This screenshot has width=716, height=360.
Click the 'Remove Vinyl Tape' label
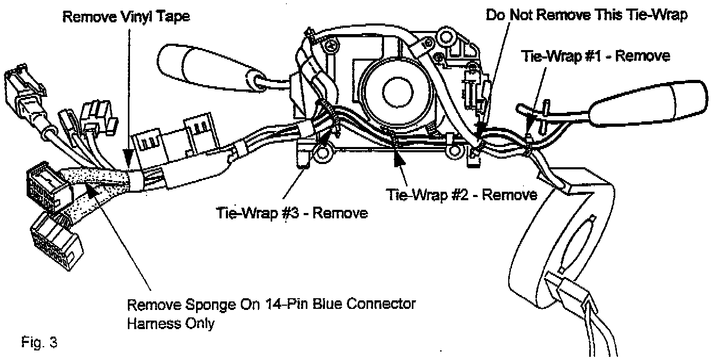click(126, 17)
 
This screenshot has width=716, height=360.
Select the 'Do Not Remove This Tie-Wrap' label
click(587, 15)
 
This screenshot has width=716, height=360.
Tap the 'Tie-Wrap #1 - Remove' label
click(595, 56)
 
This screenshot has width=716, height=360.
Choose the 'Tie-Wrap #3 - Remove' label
click(292, 213)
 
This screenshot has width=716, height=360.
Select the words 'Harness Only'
click(170, 323)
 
